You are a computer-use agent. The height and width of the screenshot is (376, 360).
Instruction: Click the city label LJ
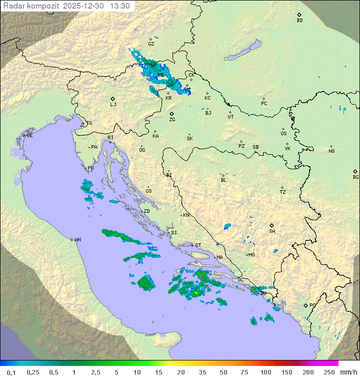click(x=113, y=105)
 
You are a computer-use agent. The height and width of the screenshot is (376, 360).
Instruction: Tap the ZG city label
click(x=172, y=120)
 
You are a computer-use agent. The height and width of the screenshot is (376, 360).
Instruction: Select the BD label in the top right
click(x=299, y=21)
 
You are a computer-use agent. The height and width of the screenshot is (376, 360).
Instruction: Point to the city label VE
click(x=29, y=136)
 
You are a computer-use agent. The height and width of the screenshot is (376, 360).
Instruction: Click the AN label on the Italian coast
click(x=77, y=240)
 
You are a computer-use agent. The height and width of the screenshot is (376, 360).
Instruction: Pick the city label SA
click(x=272, y=231)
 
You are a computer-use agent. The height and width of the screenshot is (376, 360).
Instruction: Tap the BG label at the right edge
click(x=355, y=177)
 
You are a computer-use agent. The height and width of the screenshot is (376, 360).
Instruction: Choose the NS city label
click(x=331, y=151)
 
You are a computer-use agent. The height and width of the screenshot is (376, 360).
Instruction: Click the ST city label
click(x=198, y=245)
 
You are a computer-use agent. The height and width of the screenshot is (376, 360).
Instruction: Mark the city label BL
click(x=223, y=180)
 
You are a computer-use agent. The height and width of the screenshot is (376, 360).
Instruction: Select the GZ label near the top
click(x=151, y=44)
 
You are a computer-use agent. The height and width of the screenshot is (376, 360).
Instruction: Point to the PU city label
click(x=90, y=168)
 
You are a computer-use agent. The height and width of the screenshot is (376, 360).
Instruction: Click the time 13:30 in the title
click(x=120, y=6)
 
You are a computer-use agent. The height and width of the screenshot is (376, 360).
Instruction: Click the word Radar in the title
click(x=12, y=6)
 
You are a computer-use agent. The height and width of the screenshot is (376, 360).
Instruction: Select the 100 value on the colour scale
click(x=265, y=372)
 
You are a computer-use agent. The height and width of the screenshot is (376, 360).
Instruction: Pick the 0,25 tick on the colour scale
click(x=33, y=372)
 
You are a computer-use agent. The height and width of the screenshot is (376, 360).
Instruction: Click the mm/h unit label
click(x=347, y=372)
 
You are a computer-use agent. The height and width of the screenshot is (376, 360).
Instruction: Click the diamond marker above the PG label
click(x=305, y=305)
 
